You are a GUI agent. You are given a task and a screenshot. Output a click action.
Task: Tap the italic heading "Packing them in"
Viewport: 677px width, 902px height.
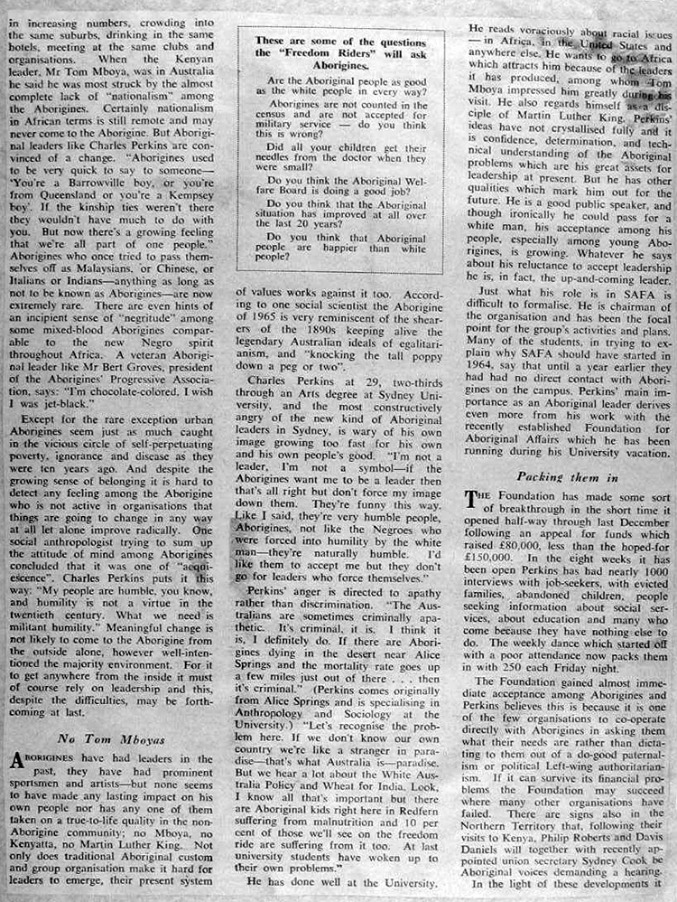tap(568, 475)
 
